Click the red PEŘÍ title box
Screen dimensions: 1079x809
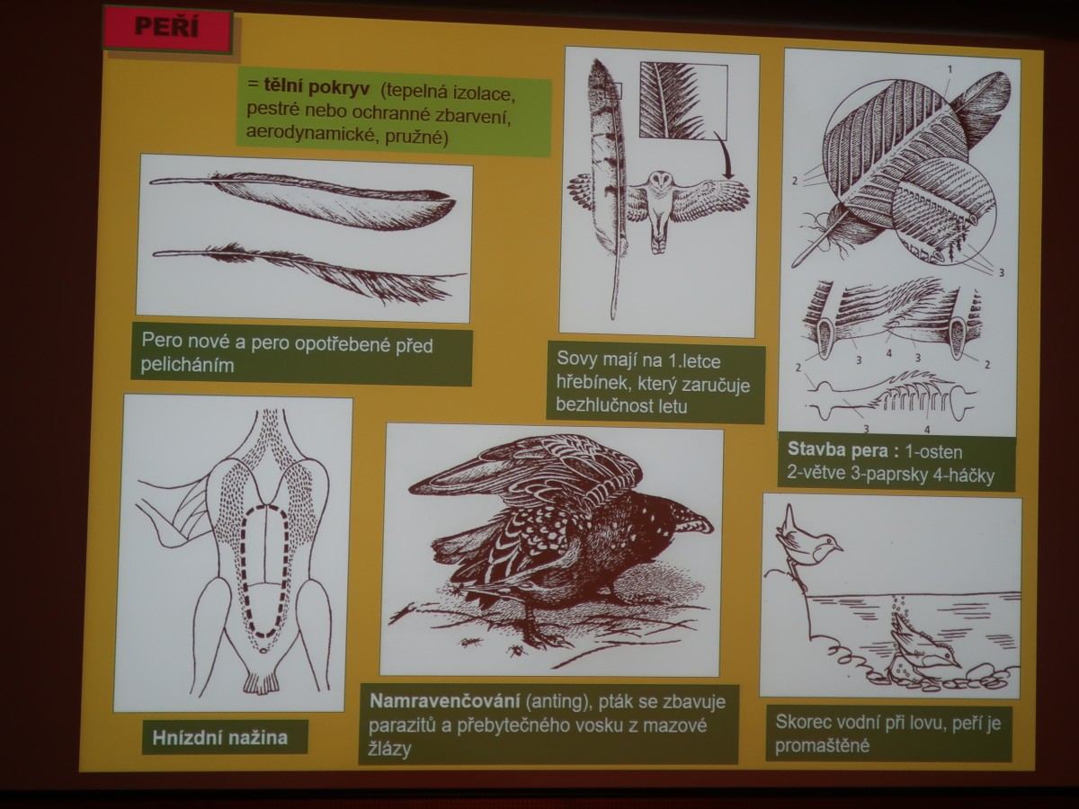coord(167,30)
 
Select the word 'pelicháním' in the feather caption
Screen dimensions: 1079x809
coord(187,366)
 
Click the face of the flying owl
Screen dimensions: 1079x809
coord(660,183)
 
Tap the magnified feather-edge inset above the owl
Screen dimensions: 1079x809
coord(683,101)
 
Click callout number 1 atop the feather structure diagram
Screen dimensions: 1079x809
coord(950,70)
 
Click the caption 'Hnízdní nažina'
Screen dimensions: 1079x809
coord(219,737)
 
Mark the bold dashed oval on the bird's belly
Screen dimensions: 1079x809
coord(266,571)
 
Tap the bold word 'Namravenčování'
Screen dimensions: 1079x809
coord(445,701)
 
